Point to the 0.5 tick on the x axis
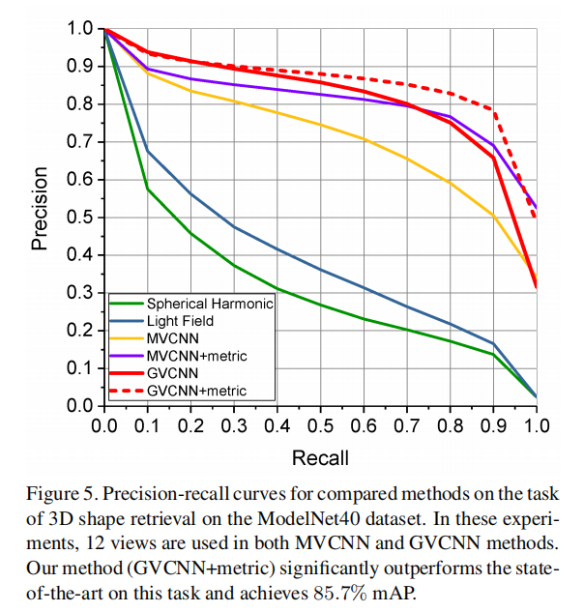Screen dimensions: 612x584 (x=320, y=425)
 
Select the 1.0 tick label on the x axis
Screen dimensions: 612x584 (x=537, y=425)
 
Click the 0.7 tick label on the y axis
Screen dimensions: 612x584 (x=79, y=142)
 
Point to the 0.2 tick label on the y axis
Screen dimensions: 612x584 (x=79, y=331)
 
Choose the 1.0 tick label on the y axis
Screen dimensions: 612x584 (x=79, y=29)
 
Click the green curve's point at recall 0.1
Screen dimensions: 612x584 (x=147, y=189)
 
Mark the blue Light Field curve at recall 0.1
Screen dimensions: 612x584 (x=147, y=151)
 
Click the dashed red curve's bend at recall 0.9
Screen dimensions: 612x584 (x=494, y=110)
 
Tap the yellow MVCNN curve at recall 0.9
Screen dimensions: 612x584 (x=494, y=216)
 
